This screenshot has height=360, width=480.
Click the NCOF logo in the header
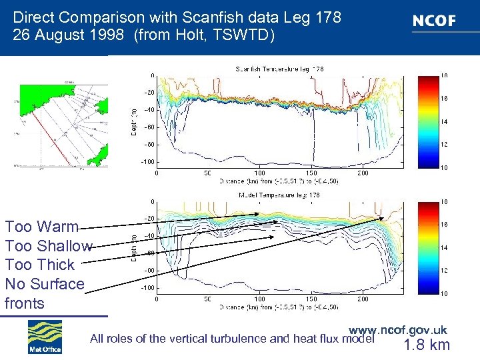tap(434, 21)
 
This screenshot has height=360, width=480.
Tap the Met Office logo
tap(45, 337)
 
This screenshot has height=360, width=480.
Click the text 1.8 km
tap(427, 345)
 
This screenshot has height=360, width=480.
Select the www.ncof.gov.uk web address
tap(398, 329)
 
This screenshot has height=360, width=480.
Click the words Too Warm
tap(41, 227)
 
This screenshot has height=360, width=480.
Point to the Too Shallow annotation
tap(48, 246)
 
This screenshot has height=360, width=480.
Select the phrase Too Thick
tap(39, 265)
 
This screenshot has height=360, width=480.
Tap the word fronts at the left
tap(25, 303)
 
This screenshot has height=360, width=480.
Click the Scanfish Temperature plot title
tap(279, 69)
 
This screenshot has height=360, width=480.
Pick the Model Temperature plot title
tap(279, 195)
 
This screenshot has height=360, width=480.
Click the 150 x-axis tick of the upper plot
tap(311, 173)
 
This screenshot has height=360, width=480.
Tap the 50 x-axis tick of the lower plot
tap(208, 299)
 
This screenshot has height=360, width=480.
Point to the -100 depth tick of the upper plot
tap(146, 162)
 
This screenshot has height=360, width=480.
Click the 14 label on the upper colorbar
tap(443, 121)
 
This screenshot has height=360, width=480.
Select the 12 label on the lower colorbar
tap(443, 270)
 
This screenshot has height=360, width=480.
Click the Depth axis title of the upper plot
tap(133, 120)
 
